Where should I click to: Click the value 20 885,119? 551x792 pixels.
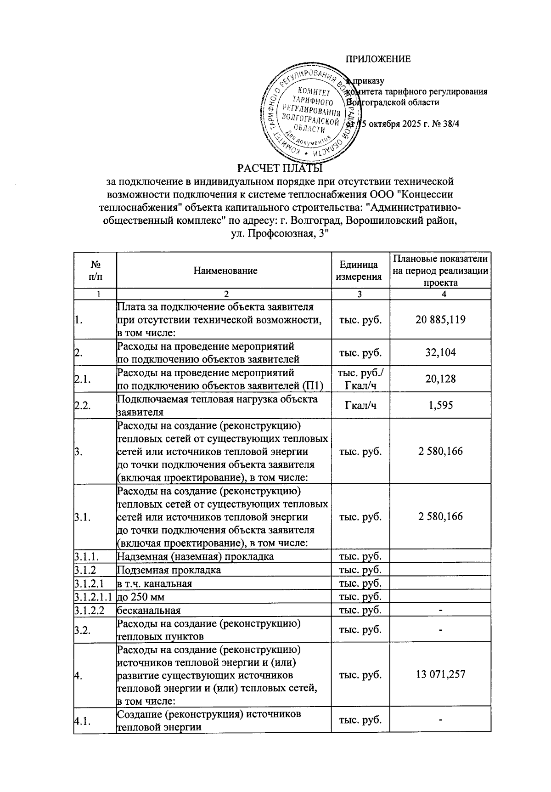coord(440,320)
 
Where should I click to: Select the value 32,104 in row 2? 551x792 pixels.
coord(440,353)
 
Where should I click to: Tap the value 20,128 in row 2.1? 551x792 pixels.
coord(440,379)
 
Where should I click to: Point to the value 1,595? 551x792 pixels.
coord(440,405)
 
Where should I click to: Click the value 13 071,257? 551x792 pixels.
coord(440,674)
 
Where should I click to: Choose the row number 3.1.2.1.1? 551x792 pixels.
coord(95,597)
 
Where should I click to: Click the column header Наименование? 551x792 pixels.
coord(225,271)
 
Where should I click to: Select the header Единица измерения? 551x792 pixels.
coord(360,271)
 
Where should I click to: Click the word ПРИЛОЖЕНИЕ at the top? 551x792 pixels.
coord(378,59)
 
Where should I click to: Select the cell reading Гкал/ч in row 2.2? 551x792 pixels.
coord(360,405)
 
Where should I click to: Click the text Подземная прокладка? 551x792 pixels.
coord(169,570)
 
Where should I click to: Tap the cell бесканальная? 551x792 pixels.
coord(149,611)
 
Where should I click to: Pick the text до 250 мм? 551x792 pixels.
coord(141,597)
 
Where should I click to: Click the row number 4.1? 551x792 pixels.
coord(82,721)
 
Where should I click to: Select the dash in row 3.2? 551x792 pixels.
coord(440,630)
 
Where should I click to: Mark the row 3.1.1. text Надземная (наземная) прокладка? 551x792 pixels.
coord(196,557)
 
